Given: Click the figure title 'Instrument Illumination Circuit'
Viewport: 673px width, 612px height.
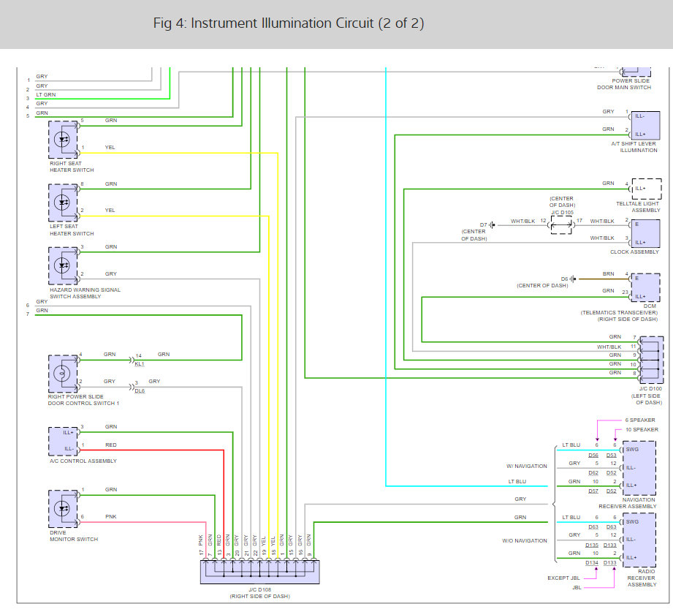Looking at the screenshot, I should point(289,23).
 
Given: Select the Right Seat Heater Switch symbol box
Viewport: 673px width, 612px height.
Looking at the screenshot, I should point(63,140).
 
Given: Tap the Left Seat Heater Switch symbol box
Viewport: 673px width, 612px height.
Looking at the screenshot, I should point(63,202).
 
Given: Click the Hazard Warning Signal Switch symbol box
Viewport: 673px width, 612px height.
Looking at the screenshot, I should point(63,265).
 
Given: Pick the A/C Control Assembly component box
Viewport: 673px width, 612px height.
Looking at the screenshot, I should point(63,439).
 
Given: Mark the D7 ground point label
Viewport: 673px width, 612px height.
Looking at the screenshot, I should point(483,224).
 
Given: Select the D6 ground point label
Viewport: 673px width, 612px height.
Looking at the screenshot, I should point(564,279).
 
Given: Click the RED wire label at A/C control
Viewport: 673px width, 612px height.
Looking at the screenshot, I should point(110,445).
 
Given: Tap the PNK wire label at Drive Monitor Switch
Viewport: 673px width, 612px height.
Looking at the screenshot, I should point(110,517).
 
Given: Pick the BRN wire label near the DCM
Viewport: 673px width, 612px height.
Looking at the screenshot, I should point(608,273).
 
